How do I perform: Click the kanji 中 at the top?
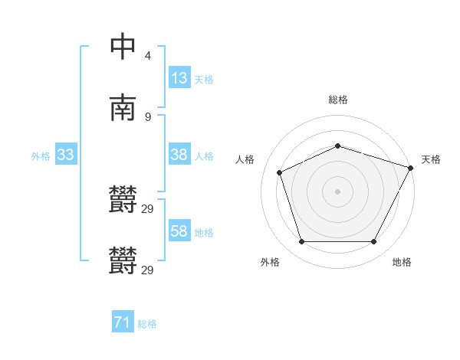pyautogui.click(x=123, y=46)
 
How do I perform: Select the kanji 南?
pyautogui.click(x=123, y=107)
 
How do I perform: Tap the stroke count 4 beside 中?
pyautogui.click(x=147, y=56)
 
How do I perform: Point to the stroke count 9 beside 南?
pyautogui.click(x=147, y=116)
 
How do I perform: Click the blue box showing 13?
pyautogui.click(x=179, y=78)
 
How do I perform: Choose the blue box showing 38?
pyautogui.click(x=179, y=155)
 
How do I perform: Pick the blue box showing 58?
pyautogui.click(x=179, y=231)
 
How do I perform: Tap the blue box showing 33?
pyautogui.click(x=66, y=155)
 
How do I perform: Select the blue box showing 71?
pyautogui.click(x=123, y=323)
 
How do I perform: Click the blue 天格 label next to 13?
pyautogui.click(x=203, y=80)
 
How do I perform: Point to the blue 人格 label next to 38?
pyautogui.click(x=203, y=156)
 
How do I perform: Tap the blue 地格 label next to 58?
pyautogui.click(x=203, y=233)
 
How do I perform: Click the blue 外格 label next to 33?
pyautogui.click(x=41, y=156)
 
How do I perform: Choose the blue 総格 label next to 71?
pyautogui.click(x=147, y=325)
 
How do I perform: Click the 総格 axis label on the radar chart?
pyautogui.click(x=338, y=100)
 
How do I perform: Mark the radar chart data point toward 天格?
pyautogui.click(x=412, y=167)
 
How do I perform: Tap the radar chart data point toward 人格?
pyautogui.click(x=280, y=172)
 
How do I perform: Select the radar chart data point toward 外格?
pyautogui.click(x=301, y=242)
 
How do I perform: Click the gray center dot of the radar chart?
pyautogui.click(x=338, y=191)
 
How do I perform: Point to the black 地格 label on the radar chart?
pyautogui.click(x=402, y=263)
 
